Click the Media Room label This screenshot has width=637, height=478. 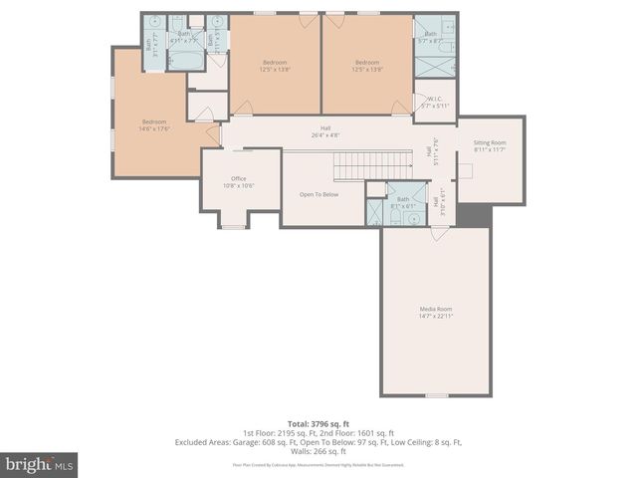tap(435, 309)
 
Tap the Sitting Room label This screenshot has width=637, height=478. tap(489, 143)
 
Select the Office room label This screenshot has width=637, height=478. tap(238, 179)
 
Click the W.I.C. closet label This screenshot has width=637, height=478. tap(434, 99)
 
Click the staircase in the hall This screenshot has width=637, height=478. tap(371, 164)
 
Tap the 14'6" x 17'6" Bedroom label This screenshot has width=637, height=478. tap(155, 122)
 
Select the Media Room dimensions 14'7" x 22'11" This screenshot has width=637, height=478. tap(435, 316)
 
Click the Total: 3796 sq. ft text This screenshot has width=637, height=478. tap(318, 424)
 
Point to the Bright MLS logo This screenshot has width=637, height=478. tap(40, 464)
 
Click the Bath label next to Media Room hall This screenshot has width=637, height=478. tap(402, 199)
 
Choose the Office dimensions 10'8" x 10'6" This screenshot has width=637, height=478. tap(238, 186)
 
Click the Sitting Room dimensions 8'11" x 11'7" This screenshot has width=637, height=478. tap(489, 150)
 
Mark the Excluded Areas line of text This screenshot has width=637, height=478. tap(318, 441)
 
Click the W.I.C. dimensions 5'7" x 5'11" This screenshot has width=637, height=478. tap(434, 106)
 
